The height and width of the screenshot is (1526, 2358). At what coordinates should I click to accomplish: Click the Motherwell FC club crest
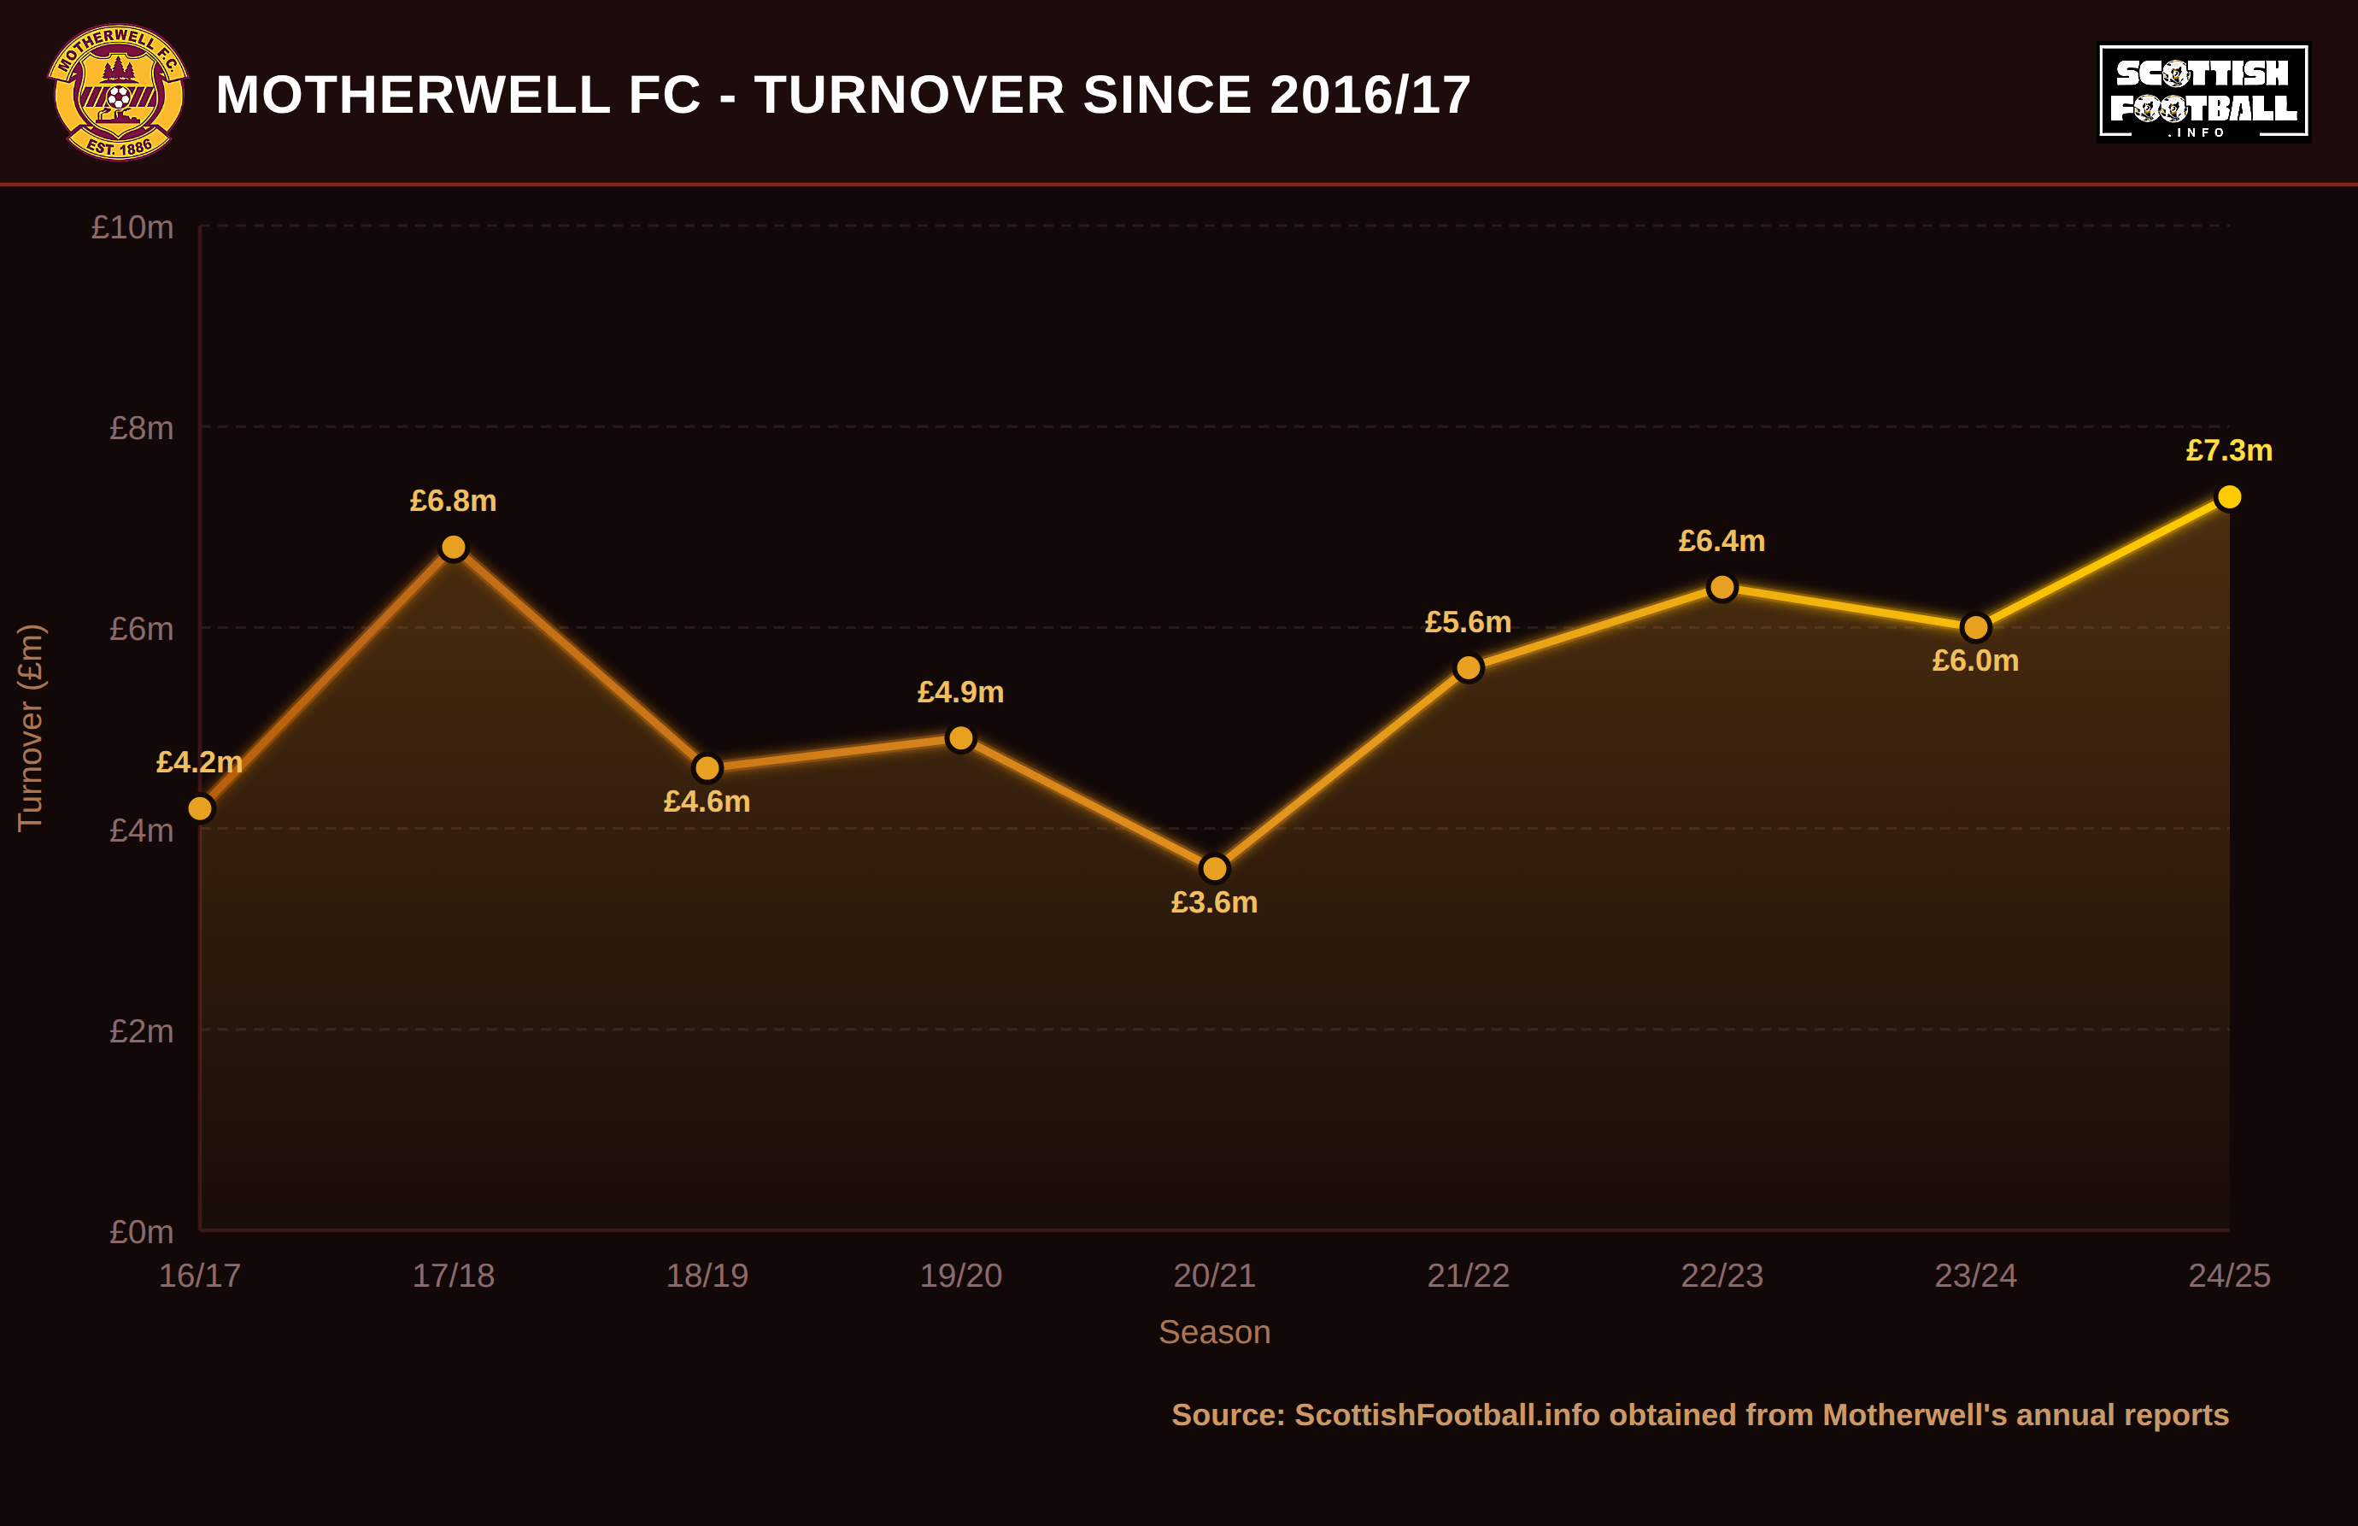(x=118, y=92)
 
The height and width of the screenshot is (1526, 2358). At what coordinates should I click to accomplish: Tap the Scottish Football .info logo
(x=2203, y=92)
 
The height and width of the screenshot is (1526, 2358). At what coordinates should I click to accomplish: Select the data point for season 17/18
(x=454, y=547)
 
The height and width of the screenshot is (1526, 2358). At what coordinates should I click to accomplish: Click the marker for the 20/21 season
(x=1215, y=869)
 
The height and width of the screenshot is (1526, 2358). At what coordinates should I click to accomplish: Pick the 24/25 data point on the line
(x=2229, y=496)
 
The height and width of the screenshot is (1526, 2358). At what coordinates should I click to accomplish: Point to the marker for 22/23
(x=1722, y=588)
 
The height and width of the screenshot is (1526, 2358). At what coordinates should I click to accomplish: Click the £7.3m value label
(x=2229, y=451)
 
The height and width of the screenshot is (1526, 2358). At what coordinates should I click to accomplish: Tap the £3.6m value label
(x=1215, y=903)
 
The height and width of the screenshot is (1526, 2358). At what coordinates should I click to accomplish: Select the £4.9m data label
(x=961, y=691)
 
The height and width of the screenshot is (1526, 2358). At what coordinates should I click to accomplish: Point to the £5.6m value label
(x=1469, y=622)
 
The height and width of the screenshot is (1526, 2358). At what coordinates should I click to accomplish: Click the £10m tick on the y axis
(x=132, y=227)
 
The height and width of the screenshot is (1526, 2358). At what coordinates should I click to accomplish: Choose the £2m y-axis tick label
(x=141, y=1030)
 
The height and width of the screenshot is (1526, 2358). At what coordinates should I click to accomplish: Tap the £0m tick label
(x=141, y=1232)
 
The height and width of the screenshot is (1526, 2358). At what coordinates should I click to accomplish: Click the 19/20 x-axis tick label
(x=961, y=1276)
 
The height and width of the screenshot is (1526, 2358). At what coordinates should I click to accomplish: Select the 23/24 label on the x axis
(x=1975, y=1276)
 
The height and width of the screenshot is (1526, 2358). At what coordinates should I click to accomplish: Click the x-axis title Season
(x=1215, y=1332)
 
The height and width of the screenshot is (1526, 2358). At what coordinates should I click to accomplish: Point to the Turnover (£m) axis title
(x=31, y=728)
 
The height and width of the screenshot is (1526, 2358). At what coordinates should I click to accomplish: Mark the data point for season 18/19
(x=707, y=768)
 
